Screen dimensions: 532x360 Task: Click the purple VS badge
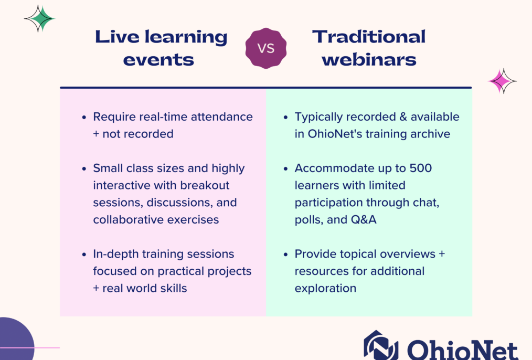pyautogui.click(x=266, y=48)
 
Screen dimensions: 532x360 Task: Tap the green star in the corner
pyautogui.click(x=40, y=19)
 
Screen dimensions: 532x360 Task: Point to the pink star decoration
pyautogui.click(x=502, y=81)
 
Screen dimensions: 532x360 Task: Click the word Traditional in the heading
pyautogui.click(x=369, y=37)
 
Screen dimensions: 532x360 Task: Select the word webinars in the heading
pyautogui.click(x=369, y=60)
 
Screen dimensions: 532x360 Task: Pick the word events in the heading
pyautogui.click(x=158, y=60)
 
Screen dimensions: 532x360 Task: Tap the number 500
pyautogui.click(x=421, y=168)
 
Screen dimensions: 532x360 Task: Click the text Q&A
pyautogui.click(x=364, y=219)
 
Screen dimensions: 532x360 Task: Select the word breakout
pyautogui.click(x=205, y=185)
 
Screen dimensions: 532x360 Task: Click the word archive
pyautogui.click(x=430, y=134)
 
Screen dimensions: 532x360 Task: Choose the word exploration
pyautogui.click(x=325, y=289)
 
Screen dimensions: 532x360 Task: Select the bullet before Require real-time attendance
pyautogui.click(x=84, y=118)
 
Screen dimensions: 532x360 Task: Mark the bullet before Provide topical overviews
pyautogui.click(x=286, y=255)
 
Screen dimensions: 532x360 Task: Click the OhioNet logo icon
pyautogui.click(x=381, y=346)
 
